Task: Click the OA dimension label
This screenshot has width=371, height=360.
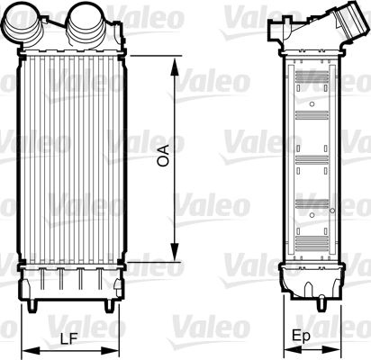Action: click(x=163, y=158)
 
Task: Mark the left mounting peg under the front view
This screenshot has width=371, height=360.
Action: click(x=34, y=305)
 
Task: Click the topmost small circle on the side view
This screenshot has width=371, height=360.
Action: click(x=312, y=104)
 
